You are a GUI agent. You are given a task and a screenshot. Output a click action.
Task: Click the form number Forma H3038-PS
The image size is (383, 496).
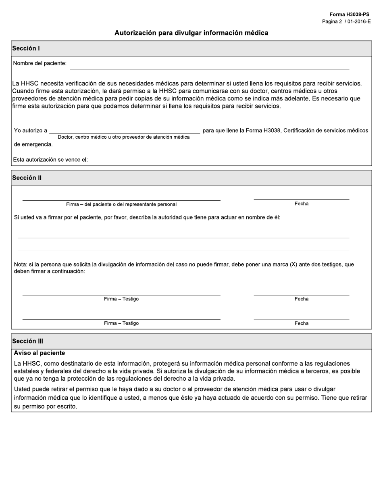tap(349, 15)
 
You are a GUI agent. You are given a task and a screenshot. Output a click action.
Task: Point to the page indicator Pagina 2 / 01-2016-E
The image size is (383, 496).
tap(346, 21)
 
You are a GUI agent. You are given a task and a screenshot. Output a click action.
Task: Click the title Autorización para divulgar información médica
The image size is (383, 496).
tap(191, 33)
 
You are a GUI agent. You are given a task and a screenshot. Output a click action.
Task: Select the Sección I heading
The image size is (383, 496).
tap(26, 48)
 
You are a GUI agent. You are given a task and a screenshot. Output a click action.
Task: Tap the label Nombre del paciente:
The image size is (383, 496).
tap(40, 63)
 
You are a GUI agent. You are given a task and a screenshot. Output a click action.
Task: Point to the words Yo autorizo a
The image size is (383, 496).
tap(30, 131)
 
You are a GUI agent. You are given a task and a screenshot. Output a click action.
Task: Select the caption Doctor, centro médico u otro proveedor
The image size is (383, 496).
tap(123, 137)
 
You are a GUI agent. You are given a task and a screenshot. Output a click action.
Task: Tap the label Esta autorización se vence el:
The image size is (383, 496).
tap(50, 160)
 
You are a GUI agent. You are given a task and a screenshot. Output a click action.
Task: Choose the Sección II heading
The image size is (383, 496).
tap(27, 178)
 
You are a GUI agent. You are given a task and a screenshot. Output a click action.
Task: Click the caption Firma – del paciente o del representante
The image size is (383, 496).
tap(121, 204)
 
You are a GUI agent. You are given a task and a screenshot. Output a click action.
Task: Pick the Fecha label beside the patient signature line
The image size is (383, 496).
tap(301, 204)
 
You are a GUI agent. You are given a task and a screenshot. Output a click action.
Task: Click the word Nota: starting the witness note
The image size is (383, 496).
tap(20, 265)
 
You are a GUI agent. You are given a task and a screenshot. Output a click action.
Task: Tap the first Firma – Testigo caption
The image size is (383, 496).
tap(121, 299)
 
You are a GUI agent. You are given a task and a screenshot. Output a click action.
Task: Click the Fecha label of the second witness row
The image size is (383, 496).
tap(301, 323)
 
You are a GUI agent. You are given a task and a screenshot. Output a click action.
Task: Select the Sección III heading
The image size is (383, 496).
tap(27, 341)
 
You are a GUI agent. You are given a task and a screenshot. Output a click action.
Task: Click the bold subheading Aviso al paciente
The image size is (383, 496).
tap(39, 353)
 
